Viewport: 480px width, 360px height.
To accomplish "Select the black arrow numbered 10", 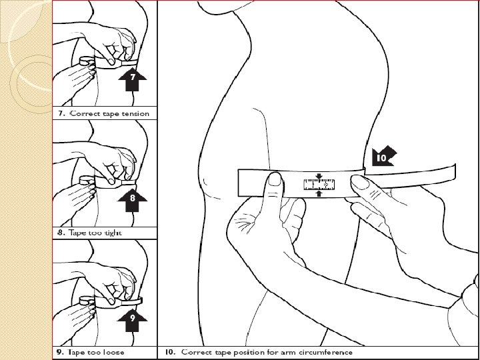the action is (x=381, y=156).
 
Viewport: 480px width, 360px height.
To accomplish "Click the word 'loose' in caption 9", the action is (x=112, y=352).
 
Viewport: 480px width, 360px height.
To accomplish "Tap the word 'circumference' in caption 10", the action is (x=325, y=352).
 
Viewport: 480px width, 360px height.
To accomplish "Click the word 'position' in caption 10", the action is (x=243, y=352).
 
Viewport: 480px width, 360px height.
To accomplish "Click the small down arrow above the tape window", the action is (x=319, y=177).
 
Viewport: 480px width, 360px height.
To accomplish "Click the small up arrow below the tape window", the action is (x=319, y=195).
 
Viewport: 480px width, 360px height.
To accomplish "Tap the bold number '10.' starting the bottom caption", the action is (x=167, y=352).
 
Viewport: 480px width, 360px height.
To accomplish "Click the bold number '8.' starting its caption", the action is (x=59, y=233).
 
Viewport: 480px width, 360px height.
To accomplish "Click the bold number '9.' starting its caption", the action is (x=59, y=352).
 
